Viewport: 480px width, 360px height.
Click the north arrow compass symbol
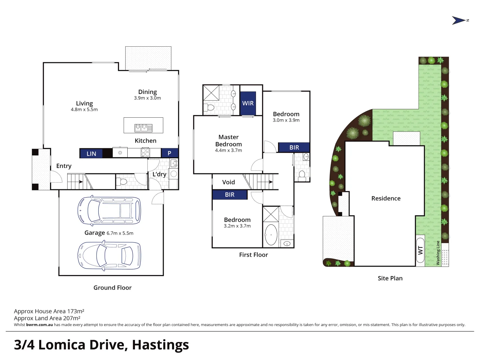[x=458, y=20]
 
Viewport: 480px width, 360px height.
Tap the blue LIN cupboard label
[x=91, y=154]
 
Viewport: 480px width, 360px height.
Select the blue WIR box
[x=248, y=103]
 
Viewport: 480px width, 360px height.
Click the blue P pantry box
[x=169, y=153]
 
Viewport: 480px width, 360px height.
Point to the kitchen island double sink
[x=143, y=128]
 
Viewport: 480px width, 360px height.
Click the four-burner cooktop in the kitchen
[x=145, y=152]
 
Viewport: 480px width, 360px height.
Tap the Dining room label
[x=147, y=92]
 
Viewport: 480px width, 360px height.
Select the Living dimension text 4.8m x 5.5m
[x=84, y=109]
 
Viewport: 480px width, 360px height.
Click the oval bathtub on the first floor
[x=271, y=235]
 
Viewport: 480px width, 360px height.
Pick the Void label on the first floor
[x=229, y=182]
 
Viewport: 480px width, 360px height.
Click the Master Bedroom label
[x=229, y=141]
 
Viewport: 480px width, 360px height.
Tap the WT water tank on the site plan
[x=420, y=250]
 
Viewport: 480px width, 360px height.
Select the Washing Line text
[x=438, y=253]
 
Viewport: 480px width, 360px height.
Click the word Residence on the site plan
[x=386, y=198]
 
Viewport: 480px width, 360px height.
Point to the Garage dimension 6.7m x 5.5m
[x=120, y=233]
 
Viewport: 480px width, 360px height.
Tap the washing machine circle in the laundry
[x=174, y=174]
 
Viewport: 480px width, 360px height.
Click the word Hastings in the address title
[x=160, y=345]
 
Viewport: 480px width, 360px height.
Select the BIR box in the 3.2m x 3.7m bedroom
[x=230, y=195]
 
